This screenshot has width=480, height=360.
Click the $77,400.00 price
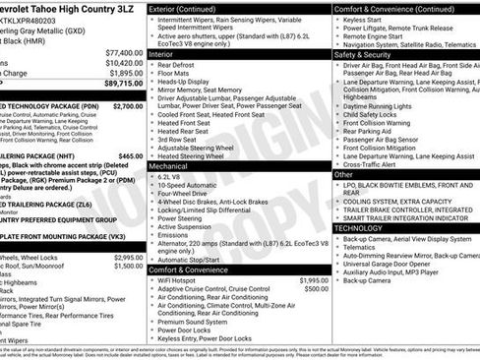pos(123,51)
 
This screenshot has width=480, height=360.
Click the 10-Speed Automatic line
pos(191,184)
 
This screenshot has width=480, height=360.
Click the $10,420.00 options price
pos(123,62)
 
